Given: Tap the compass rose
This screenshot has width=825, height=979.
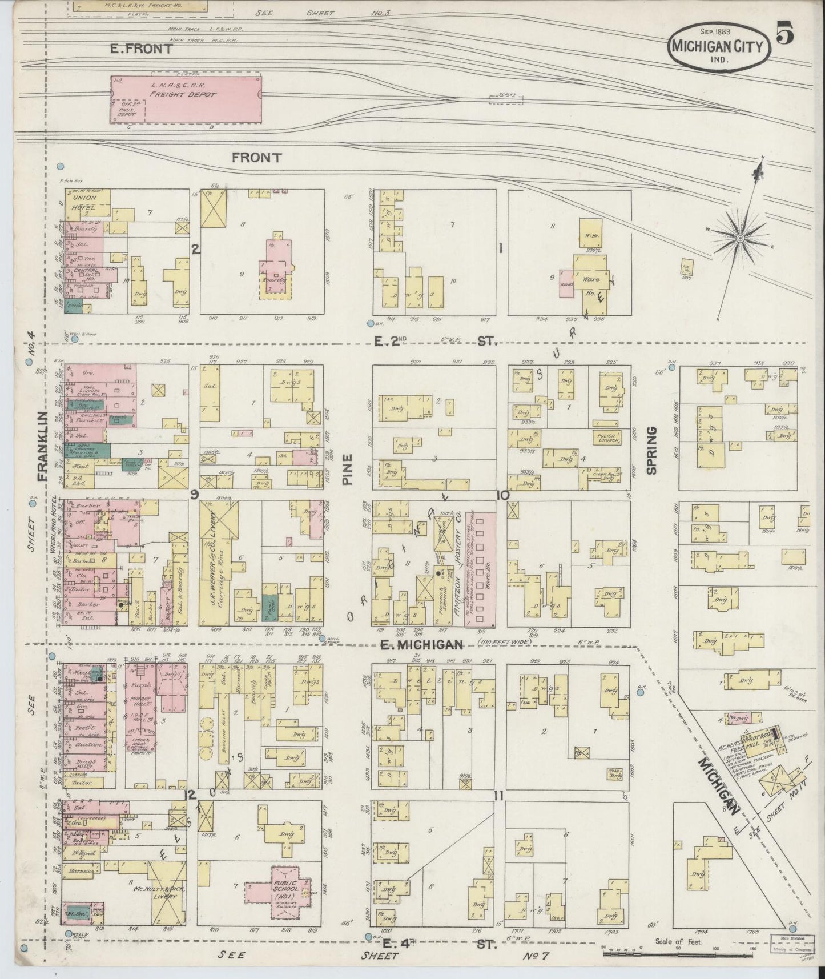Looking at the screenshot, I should coord(740,237).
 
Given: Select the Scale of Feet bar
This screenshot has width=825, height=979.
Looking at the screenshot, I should coord(683,950).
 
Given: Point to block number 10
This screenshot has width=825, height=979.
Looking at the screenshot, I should coord(502,495).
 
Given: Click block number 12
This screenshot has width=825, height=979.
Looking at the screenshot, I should coord(191,795).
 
